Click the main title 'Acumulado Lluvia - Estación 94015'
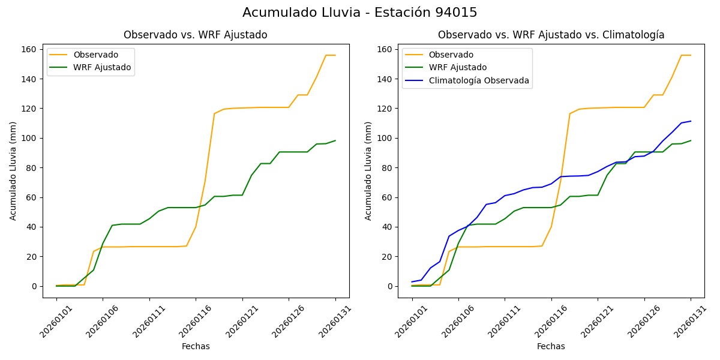point(360,13)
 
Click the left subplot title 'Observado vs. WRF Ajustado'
point(195,35)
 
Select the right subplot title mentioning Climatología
point(551,35)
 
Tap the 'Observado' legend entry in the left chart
point(95,55)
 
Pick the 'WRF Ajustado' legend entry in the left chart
point(102,67)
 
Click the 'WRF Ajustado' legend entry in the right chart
point(457,67)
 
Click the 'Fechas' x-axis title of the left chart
point(196,346)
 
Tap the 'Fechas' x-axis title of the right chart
point(551,346)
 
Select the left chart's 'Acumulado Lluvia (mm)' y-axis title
point(13,170)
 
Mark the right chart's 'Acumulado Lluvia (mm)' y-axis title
point(368,170)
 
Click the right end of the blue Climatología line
point(691,121)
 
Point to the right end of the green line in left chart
point(335,140)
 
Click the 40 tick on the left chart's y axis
point(32,227)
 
